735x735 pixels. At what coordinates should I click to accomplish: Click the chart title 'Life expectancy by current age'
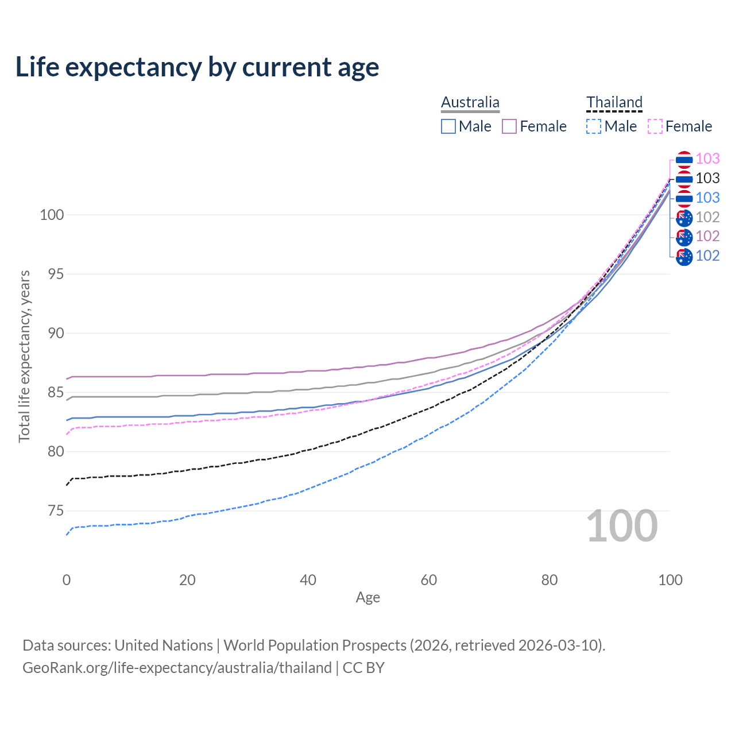(x=197, y=67)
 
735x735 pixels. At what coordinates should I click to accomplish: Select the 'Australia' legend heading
(x=470, y=102)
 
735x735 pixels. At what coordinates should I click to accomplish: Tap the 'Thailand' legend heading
(x=614, y=102)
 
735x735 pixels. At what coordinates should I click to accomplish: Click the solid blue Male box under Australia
(x=448, y=126)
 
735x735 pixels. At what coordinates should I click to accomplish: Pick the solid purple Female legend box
(x=509, y=126)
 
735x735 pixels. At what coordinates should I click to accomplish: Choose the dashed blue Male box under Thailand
(x=594, y=126)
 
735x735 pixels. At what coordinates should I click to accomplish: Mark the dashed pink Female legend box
(x=655, y=126)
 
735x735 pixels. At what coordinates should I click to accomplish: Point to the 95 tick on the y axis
(x=52, y=274)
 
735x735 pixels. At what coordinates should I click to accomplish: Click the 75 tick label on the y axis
(x=52, y=511)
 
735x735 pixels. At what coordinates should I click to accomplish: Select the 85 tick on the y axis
(x=52, y=393)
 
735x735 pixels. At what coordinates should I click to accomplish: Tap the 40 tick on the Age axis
(x=308, y=580)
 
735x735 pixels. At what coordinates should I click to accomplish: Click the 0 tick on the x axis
(x=67, y=580)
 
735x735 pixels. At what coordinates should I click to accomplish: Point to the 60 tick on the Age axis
(x=429, y=580)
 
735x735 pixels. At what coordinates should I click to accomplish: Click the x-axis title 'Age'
(x=367, y=598)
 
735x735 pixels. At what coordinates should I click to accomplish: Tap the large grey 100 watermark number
(x=622, y=526)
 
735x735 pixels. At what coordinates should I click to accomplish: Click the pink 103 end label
(x=707, y=158)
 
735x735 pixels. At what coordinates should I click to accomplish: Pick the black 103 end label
(x=707, y=178)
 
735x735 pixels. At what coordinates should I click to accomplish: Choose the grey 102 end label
(x=707, y=217)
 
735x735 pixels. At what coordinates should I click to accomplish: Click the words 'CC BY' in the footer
(x=363, y=668)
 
